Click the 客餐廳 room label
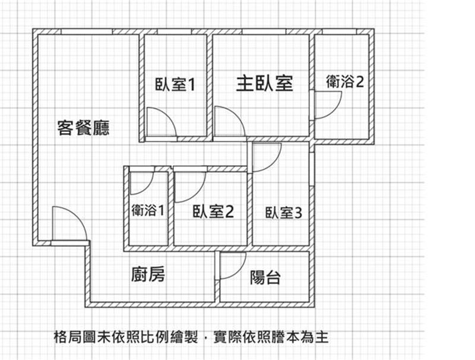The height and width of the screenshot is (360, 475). point(83,128)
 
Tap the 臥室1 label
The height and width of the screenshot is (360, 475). point(175,84)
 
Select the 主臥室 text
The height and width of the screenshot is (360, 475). point(265,84)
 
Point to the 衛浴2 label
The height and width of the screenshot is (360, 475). point(345,81)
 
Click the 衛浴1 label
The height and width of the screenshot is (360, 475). point(148,210)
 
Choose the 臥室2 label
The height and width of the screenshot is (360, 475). point(213,211)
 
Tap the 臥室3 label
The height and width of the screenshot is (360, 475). point(284,213)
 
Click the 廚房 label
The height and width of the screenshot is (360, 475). point(148,274)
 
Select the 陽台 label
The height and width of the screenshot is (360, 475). point(265,277)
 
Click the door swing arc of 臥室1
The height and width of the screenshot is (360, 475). point(167,116)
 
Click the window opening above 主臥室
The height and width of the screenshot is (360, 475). point(264,31)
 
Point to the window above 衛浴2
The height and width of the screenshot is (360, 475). point(339,31)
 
